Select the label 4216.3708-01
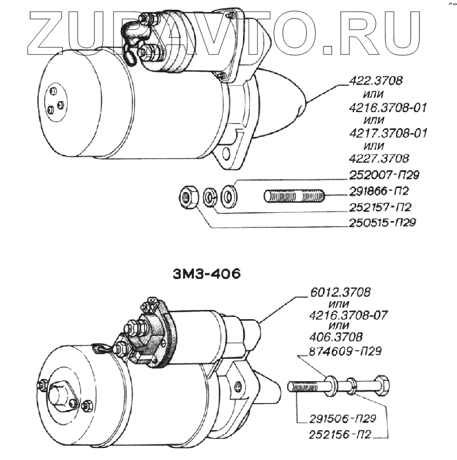tap(389, 108)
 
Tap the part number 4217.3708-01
tap(389, 133)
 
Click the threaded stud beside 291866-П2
tap(295, 196)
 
